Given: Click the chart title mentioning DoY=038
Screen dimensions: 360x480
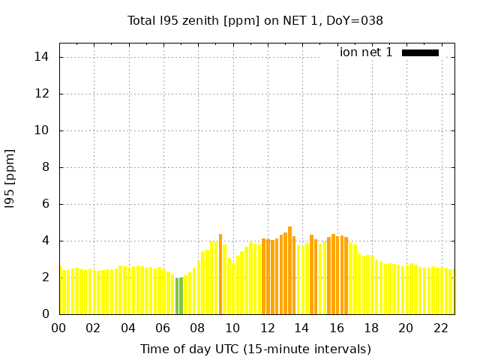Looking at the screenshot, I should (x=255, y=21).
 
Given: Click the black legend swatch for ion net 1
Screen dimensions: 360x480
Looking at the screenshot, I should (x=420, y=52).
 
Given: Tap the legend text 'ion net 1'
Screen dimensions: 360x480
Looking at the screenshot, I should (x=366, y=52).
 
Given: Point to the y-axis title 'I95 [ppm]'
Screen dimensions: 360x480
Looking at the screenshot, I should (x=10, y=178).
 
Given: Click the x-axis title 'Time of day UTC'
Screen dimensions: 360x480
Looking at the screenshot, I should (x=255, y=349).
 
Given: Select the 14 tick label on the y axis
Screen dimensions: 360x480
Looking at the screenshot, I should (x=43, y=57).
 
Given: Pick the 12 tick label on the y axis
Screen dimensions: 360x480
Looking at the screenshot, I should (x=43, y=94).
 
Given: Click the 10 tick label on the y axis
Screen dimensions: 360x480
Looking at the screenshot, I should (x=43, y=130).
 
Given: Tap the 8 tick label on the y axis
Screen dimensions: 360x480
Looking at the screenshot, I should (x=46, y=167).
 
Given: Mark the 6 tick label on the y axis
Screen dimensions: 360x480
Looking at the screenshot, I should (x=46, y=204).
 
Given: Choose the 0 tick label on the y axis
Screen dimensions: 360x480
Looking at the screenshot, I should (x=46, y=314).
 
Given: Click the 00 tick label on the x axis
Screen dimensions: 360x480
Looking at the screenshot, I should (x=58, y=328).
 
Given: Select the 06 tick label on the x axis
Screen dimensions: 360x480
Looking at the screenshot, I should (x=163, y=328).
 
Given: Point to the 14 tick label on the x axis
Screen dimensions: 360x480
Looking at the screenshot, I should (x=301, y=328).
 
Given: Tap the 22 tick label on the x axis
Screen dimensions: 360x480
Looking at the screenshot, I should (x=440, y=328).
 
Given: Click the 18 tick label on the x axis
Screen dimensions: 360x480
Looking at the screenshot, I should (x=371, y=328).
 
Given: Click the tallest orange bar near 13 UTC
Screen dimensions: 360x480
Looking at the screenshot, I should (x=289, y=270).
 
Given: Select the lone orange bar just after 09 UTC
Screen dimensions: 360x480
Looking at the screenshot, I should (x=220, y=274).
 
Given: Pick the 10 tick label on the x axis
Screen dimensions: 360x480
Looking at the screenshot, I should (x=232, y=328).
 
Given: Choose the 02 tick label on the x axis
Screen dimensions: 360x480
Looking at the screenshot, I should (x=94, y=328).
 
